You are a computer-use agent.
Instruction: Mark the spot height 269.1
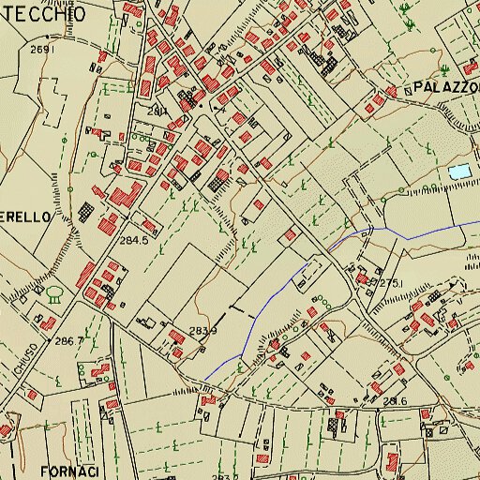click(x=44, y=49)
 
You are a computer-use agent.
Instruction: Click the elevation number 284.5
click(x=134, y=240)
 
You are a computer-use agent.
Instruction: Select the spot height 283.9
click(x=202, y=331)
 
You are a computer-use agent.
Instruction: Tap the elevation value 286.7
click(x=69, y=340)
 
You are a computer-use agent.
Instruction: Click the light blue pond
click(x=458, y=172)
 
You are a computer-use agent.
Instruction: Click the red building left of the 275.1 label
click(x=361, y=277)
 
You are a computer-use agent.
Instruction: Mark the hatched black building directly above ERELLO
click(x=86, y=210)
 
